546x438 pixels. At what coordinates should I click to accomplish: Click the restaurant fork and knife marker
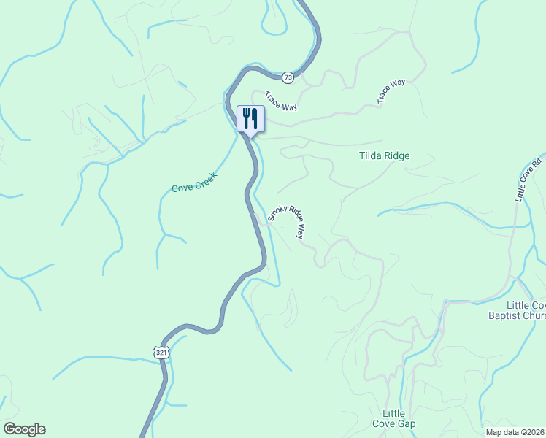point(250,119)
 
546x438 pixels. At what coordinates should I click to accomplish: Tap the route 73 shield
point(288,77)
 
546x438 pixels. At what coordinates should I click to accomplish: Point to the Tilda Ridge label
point(384,155)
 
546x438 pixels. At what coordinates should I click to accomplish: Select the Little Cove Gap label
point(399,418)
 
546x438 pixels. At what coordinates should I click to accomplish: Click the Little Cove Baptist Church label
point(517,310)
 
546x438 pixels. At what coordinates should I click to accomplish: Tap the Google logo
point(24,429)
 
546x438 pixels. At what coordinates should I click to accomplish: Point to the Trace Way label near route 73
point(280,101)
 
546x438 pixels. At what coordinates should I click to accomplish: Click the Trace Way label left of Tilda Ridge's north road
point(391,91)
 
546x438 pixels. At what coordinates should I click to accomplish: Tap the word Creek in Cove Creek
point(209,178)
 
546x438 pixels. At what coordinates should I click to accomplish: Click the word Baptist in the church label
point(504,316)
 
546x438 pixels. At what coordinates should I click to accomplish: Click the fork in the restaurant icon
point(246,118)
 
